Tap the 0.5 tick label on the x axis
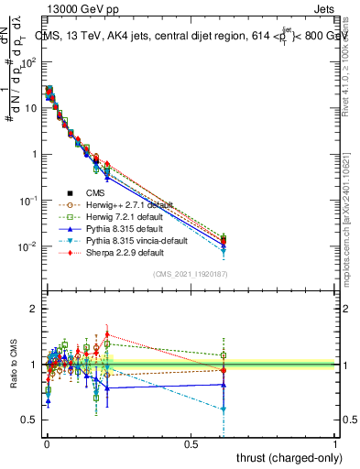(191, 442)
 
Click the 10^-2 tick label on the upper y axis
(27, 246)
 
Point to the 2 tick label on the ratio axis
(34, 310)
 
